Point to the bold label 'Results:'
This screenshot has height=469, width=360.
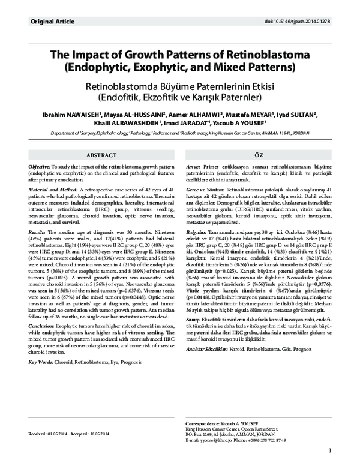[37, 231]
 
